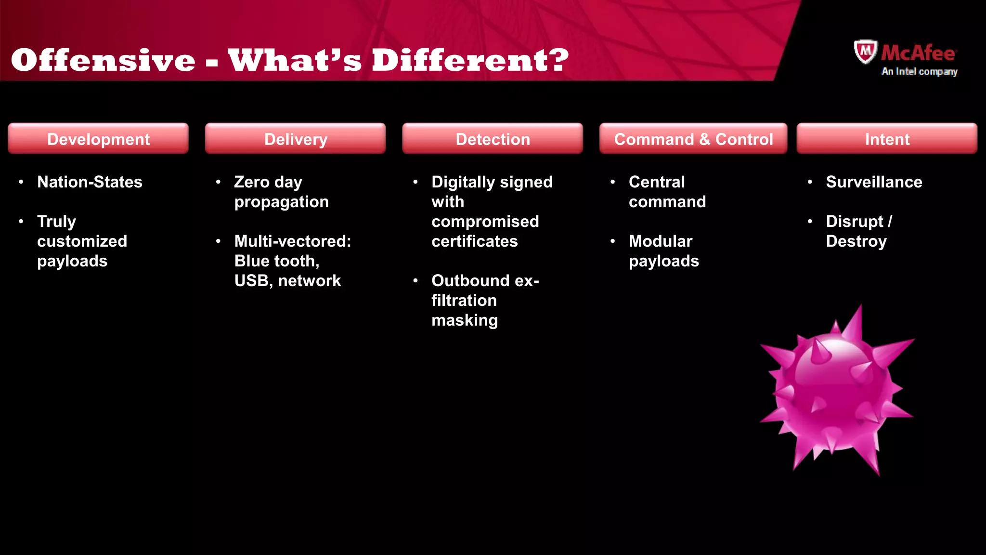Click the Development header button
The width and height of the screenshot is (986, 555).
click(98, 139)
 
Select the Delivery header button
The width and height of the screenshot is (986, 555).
click(296, 139)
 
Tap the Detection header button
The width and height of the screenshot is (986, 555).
click(493, 139)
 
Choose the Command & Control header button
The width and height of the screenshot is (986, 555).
click(693, 139)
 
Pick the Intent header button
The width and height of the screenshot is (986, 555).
click(887, 139)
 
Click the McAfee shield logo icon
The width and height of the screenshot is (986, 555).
click(865, 52)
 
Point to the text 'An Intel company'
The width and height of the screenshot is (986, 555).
click(919, 71)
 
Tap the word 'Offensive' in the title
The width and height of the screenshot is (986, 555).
click(103, 60)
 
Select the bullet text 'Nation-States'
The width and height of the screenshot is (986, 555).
click(90, 182)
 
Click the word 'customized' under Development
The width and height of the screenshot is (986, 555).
click(82, 241)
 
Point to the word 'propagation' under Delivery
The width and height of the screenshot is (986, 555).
click(281, 202)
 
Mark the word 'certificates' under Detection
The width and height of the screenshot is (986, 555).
click(474, 241)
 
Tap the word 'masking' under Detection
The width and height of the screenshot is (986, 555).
click(465, 320)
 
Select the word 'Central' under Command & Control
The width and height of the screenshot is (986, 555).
click(657, 182)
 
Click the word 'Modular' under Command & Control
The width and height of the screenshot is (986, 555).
click(661, 241)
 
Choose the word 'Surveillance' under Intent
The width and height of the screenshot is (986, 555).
click(874, 182)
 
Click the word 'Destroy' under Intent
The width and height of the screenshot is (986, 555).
click(856, 241)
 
